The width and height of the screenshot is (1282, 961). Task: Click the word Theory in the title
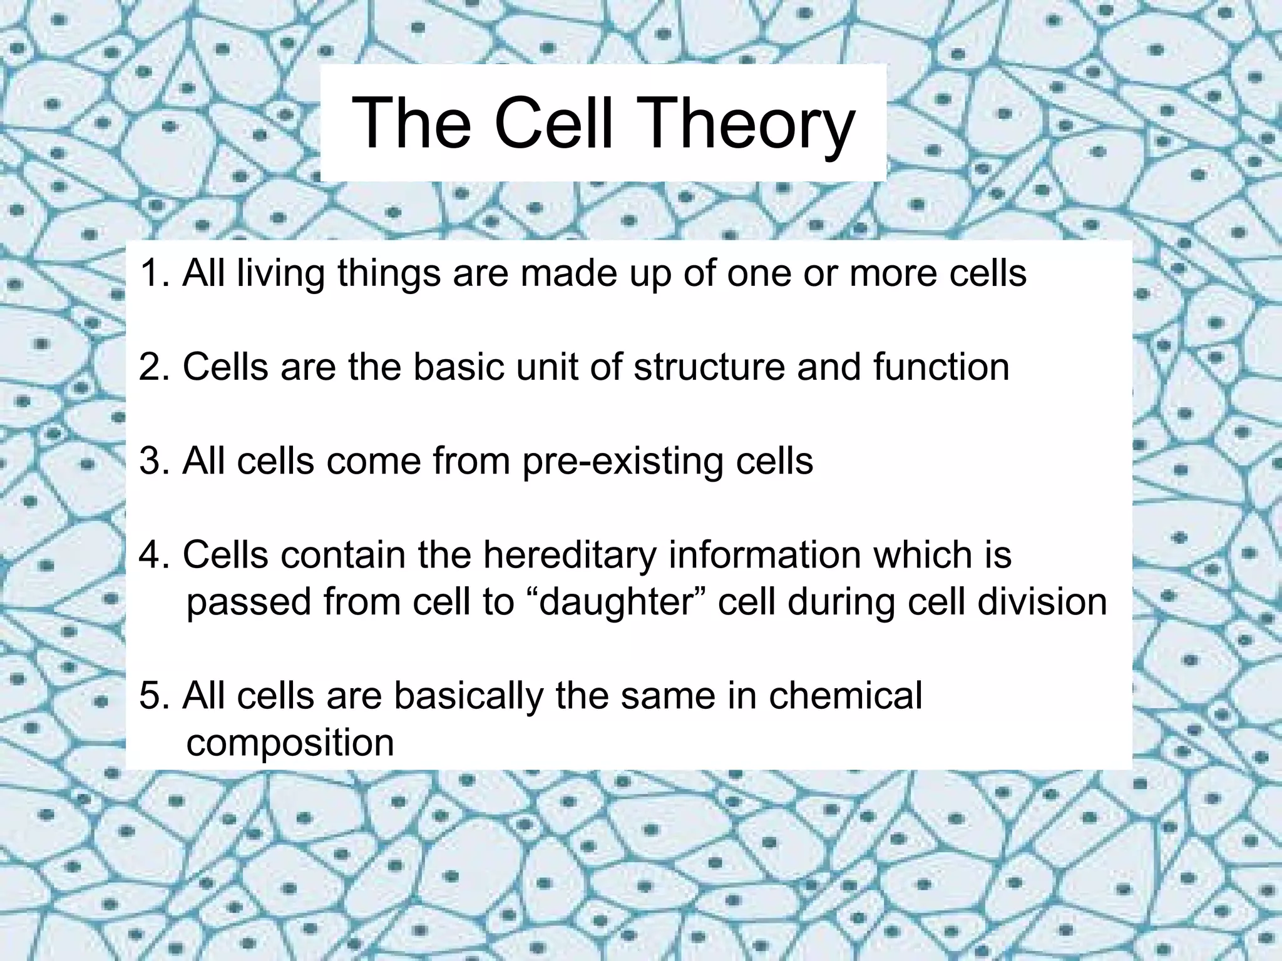tap(748, 123)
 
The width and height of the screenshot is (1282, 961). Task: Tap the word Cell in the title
tap(553, 123)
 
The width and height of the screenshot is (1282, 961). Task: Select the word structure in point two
tap(709, 367)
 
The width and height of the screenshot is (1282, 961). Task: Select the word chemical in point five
tap(845, 695)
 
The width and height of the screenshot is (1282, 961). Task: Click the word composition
tap(290, 743)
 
